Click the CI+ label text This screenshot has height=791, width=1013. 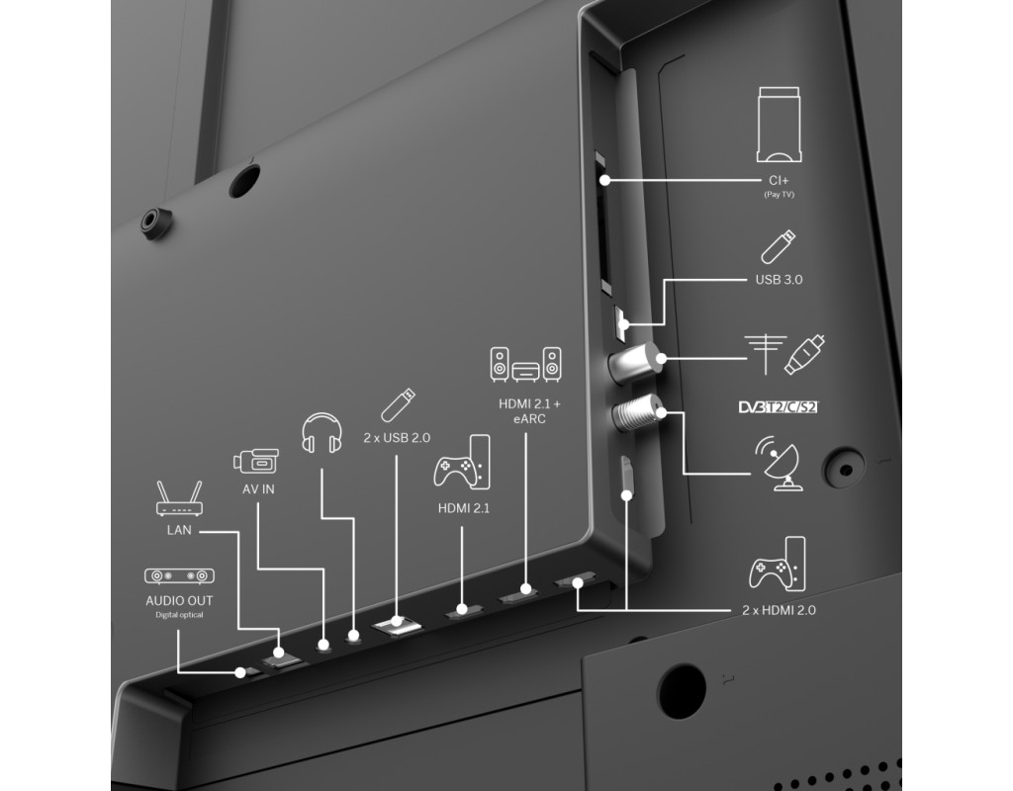[x=779, y=180]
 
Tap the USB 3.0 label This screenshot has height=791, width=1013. [x=780, y=280]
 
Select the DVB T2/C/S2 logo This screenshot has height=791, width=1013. [x=779, y=406]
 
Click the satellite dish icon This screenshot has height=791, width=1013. [x=779, y=463]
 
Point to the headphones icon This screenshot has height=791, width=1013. [x=322, y=433]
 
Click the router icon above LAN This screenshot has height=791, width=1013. [x=179, y=498]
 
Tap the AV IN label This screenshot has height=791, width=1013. [x=258, y=489]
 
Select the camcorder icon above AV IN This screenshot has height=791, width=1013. [x=256, y=461]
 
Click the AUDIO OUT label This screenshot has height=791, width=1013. [x=179, y=600]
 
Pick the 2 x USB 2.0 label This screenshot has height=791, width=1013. [x=397, y=438]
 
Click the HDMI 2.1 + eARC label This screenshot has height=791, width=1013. [x=530, y=411]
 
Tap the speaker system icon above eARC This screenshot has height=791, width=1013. [x=525, y=364]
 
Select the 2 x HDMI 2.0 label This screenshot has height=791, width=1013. [x=779, y=610]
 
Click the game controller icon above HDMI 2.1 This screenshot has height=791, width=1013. [x=462, y=462]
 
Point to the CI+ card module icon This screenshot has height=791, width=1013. [x=780, y=125]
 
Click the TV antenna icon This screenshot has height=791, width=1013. [x=766, y=354]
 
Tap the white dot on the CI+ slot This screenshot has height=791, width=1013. [x=604, y=180]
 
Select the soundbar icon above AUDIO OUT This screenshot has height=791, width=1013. [x=179, y=576]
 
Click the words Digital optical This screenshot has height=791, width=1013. [x=179, y=615]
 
